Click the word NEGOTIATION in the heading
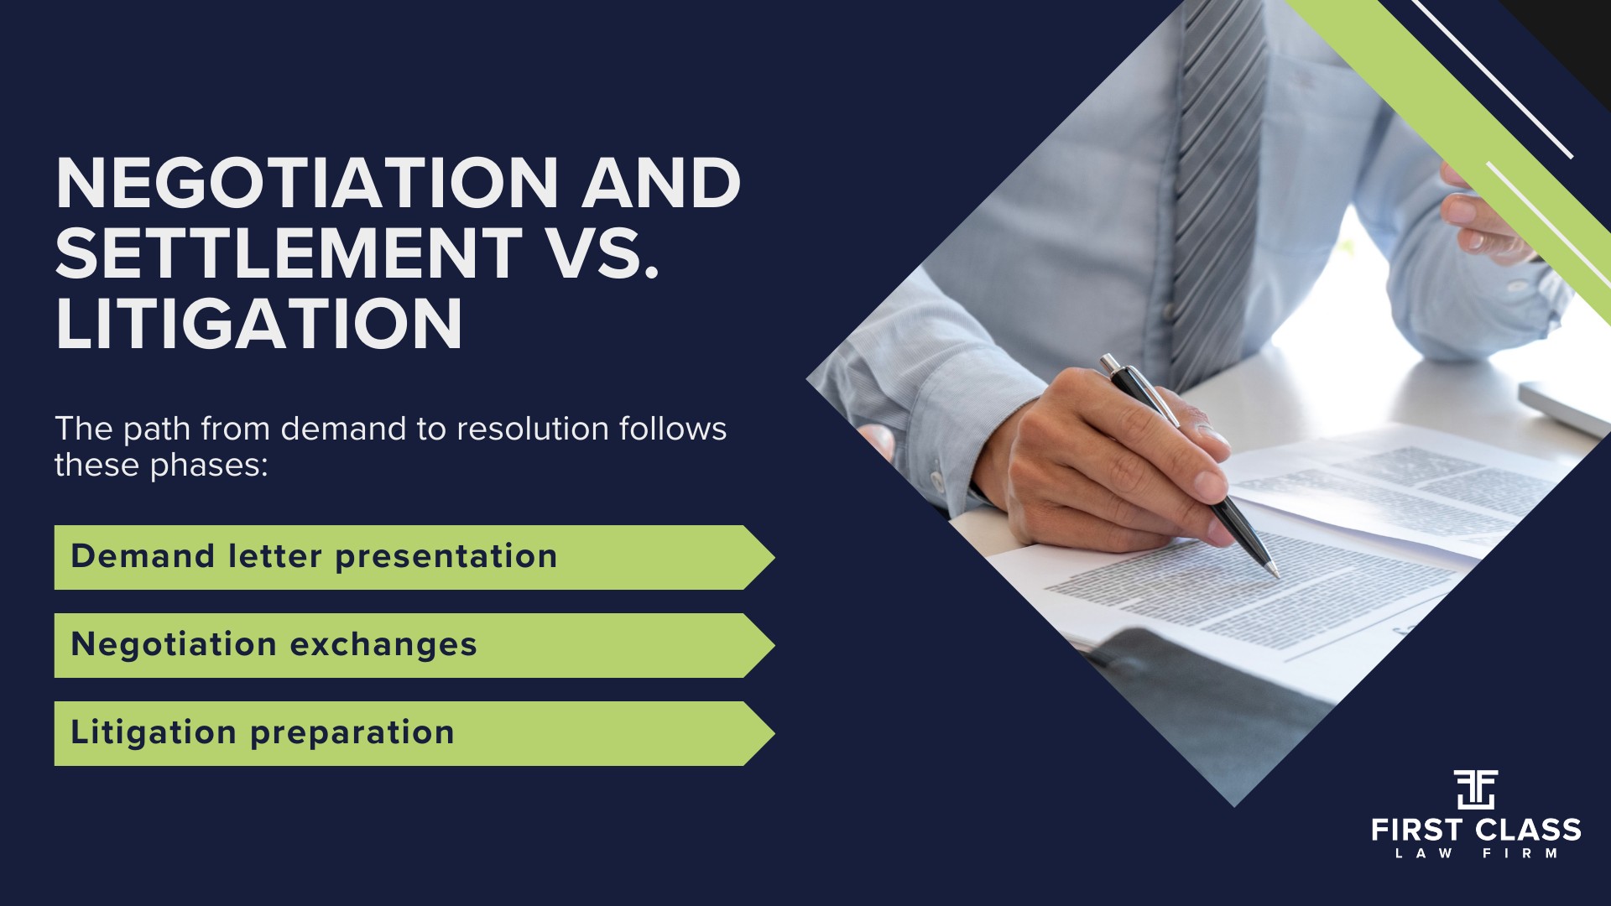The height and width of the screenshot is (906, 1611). [x=307, y=183]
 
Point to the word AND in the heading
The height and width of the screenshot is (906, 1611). [x=662, y=183]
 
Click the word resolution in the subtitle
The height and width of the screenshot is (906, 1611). [x=533, y=429]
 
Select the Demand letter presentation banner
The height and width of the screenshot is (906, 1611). [x=414, y=557]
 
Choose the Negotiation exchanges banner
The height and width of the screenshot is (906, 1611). [x=414, y=645]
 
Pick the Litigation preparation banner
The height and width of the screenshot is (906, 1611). [x=414, y=733]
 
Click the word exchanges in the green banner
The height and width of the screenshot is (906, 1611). [x=383, y=645]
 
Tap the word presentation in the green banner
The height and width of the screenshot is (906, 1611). [x=446, y=557]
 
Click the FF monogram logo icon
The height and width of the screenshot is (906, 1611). [x=1475, y=789]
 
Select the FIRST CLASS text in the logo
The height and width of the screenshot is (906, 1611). [x=1476, y=830]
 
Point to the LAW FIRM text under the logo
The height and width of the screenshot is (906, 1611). [x=1476, y=854]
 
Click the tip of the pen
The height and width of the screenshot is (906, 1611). [x=1278, y=576]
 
